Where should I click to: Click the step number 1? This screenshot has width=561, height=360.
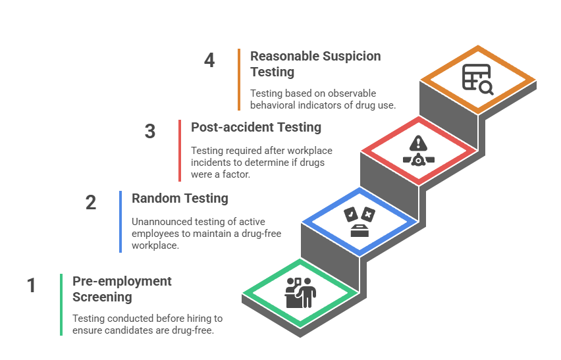point(31,285)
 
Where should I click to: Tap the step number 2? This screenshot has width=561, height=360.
point(91,202)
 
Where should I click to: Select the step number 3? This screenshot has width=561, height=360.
point(150,131)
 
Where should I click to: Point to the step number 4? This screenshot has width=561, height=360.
point(209,60)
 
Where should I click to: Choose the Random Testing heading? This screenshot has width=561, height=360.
point(180,198)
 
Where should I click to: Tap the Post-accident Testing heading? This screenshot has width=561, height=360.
point(256,127)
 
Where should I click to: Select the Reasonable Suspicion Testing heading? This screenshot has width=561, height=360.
point(315,63)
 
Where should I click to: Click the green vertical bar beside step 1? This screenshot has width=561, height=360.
point(61,304)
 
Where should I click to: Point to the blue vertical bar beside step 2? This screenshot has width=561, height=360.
point(120,221)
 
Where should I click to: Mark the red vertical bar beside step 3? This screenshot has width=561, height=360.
point(180,150)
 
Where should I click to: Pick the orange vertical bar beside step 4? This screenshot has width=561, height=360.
point(239,79)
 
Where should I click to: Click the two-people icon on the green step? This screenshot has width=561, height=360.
point(300,292)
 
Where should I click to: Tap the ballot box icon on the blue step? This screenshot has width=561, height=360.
point(360,222)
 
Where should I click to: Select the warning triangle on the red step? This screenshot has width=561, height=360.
point(417,143)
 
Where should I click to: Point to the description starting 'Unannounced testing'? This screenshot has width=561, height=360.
point(197,233)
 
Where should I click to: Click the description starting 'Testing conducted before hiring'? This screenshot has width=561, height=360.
point(147,324)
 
